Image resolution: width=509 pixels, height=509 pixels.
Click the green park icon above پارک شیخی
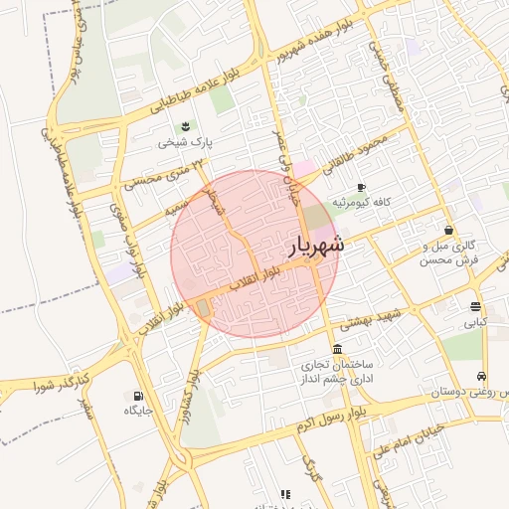(185, 125)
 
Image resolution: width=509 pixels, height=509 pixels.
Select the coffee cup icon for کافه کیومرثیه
(361, 186)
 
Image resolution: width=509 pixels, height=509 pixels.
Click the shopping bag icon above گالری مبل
(448, 230)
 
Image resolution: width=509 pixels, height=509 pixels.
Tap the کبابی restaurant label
(475, 323)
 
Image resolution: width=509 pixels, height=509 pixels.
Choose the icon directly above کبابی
(475, 306)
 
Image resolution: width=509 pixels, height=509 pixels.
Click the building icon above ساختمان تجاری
(339, 349)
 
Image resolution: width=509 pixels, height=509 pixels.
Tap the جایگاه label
(138, 411)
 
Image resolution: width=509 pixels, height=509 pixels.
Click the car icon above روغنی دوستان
(481, 377)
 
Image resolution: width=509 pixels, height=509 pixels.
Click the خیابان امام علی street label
(411, 441)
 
